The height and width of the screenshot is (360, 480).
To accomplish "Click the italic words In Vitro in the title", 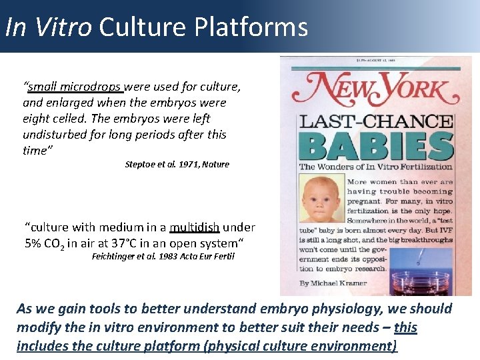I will point(48,27).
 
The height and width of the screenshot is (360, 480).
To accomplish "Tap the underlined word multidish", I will point(195,227).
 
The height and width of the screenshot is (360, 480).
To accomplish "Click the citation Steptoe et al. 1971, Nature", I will point(177,164).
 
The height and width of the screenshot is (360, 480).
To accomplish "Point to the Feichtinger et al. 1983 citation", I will point(163,256).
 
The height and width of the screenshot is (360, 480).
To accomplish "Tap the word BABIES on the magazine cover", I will point(376,145).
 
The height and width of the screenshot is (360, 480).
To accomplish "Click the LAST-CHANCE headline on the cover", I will point(376,122).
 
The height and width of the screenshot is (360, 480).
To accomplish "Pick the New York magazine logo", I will point(376,89).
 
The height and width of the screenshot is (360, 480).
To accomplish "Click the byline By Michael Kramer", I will point(333,283).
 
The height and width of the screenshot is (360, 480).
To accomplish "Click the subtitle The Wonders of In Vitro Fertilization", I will point(375,167).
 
